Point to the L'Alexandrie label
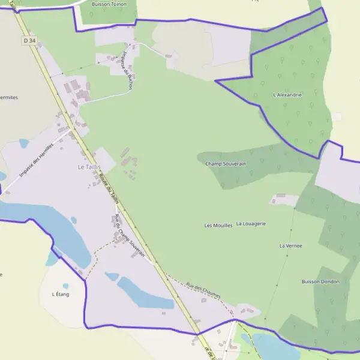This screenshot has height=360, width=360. (x=287, y=95)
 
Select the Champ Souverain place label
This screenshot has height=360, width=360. (x=226, y=163)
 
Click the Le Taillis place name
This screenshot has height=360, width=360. (x=88, y=167)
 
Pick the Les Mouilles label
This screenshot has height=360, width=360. (x=218, y=226)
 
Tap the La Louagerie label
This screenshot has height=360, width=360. (x=251, y=224)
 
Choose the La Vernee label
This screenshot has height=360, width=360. (x=290, y=246)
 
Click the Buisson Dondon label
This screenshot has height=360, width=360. (x=320, y=281)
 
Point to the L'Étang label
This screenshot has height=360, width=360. (x=61, y=294)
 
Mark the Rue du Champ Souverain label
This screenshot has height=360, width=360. (x=130, y=235)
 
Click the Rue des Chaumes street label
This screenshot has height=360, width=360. (x=203, y=291)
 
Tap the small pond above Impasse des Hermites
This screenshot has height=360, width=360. (x=24, y=144)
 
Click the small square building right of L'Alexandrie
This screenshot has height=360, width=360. (x=338, y=116)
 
